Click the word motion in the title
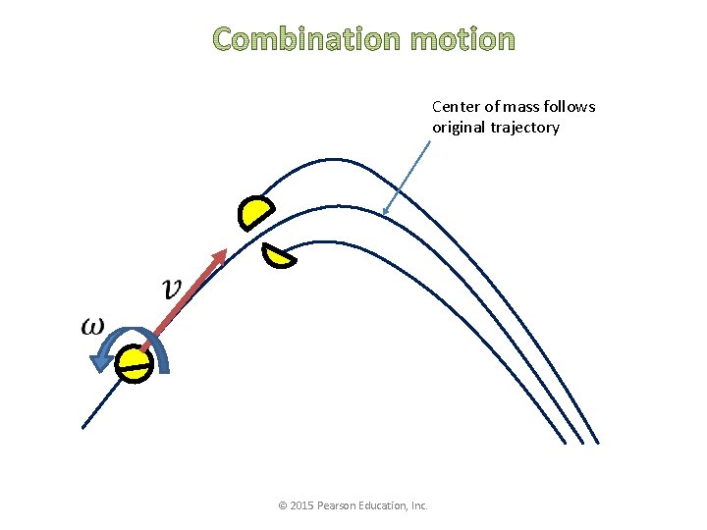click(462, 39)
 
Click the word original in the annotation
click(456, 127)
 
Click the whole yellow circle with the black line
click(134, 363)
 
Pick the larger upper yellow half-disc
click(255, 213)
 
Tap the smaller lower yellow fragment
click(279, 256)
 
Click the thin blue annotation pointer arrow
click(408, 177)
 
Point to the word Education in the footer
click(386, 505)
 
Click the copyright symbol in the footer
click(283, 505)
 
